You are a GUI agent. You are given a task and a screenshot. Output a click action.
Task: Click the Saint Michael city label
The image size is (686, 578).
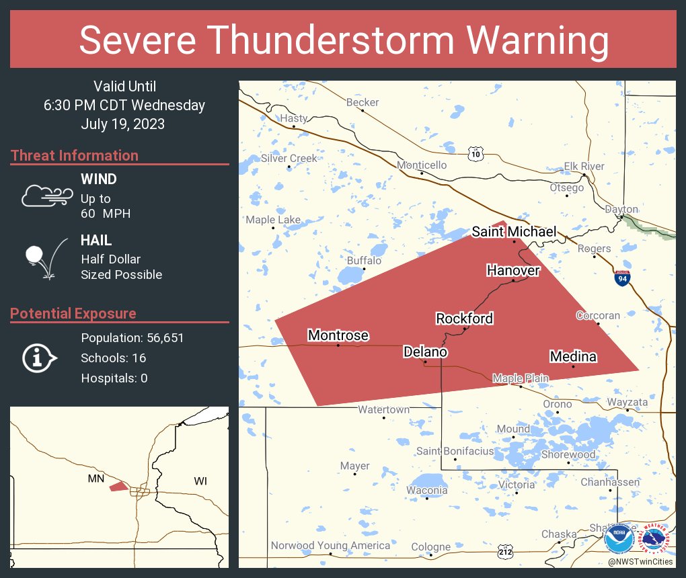click(514, 232)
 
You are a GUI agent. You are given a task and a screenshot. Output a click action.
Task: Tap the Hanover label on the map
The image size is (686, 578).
click(513, 270)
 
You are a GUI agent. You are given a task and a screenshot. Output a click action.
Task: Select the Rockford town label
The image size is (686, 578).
click(464, 319)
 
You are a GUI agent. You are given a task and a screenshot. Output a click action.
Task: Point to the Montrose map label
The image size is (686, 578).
click(338, 335)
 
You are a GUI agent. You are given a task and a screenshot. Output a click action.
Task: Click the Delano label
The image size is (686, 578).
click(425, 352)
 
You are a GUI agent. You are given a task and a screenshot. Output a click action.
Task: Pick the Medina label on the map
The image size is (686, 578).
click(573, 356)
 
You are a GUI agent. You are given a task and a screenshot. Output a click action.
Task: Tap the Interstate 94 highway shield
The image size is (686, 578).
click(622, 278)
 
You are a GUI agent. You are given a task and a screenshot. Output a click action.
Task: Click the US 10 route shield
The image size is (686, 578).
click(476, 154)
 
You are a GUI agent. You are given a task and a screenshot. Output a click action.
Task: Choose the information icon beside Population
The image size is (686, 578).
click(39, 358)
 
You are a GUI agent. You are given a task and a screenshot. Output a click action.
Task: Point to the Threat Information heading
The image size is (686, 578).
click(75, 155)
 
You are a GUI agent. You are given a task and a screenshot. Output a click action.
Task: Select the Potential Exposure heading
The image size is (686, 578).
click(73, 313)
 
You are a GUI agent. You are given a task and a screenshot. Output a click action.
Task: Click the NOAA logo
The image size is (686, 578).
click(619, 539)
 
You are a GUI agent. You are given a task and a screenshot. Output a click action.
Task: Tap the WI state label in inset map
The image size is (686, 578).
click(200, 481)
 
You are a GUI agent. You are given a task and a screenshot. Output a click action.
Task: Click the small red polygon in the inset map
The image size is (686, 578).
click(118, 486)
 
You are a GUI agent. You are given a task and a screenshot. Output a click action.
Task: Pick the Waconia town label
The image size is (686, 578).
click(426, 490)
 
